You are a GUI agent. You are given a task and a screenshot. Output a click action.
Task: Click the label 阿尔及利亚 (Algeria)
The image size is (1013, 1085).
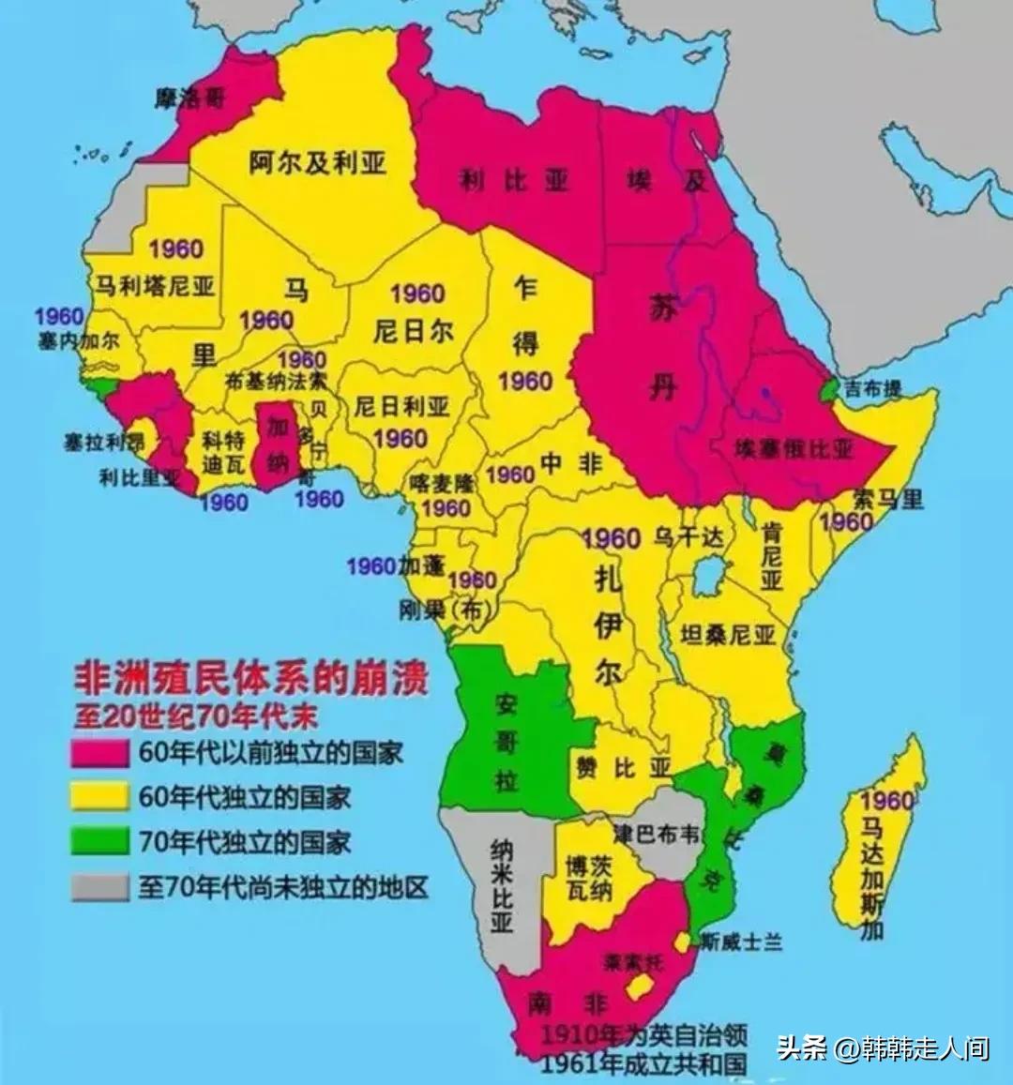point(317,162)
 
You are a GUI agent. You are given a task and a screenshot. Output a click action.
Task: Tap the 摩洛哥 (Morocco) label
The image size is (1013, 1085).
point(190,97)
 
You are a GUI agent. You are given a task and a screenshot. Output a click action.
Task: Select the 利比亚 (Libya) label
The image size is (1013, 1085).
point(514,179)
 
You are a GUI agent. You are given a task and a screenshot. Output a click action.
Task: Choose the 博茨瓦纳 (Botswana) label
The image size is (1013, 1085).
point(589,877)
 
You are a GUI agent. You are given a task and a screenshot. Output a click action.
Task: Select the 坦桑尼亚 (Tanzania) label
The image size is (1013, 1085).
point(728,635)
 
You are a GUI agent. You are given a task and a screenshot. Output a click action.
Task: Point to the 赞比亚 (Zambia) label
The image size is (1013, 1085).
point(623,768)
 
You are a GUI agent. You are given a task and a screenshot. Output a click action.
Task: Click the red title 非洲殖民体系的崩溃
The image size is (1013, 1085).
point(251,678)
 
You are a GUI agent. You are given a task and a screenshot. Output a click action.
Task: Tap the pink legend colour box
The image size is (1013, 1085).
point(99,753)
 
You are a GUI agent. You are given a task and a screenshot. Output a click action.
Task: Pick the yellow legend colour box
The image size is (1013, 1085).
point(99,797)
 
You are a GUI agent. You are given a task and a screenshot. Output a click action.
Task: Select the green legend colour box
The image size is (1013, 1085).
point(99,841)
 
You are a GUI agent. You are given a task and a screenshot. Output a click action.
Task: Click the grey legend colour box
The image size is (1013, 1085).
point(99,885)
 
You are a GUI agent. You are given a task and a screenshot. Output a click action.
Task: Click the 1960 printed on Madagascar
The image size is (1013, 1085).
point(886,800)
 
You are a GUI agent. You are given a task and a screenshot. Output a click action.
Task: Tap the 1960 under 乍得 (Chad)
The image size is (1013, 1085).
point(524,381)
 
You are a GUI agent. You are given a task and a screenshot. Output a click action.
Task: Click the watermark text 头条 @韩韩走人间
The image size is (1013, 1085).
point(883,1047)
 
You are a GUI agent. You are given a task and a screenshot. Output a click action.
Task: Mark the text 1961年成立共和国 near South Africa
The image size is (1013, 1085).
point(643,1063)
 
